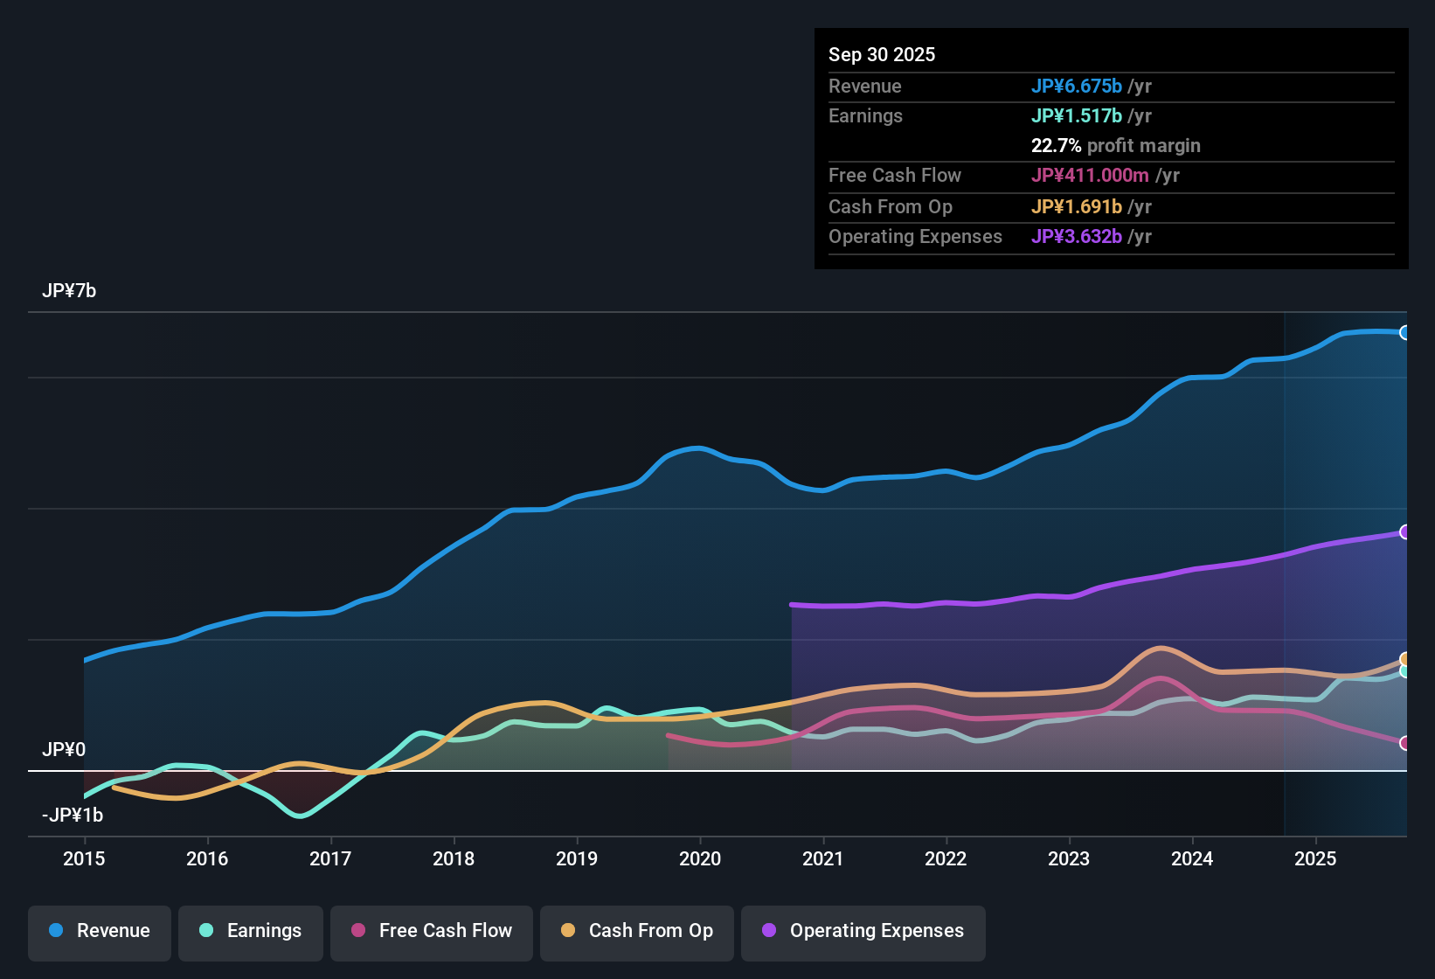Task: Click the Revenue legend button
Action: pyautogui.click(x=100, y=931)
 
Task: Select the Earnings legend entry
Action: pyautogui.click(x=250, y=931)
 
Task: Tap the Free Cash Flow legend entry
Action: pyautogui.click(x=431, y=931)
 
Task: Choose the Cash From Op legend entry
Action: pyautogui.click(x=636, y=931)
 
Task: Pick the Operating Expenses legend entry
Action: pyautogui.click(x=863, y=931)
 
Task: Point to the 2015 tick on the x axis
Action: pyautogui.click(x=84, y=858)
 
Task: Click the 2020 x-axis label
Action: pyautogui.click(x=700, y=858)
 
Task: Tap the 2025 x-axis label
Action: pyautogui.click(x=1315, y=858)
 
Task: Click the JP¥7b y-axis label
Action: pyautogui.click(x=69, y=291)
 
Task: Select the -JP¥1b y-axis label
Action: pyautogui.click(x=73, y=816)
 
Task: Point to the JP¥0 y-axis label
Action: pyautogui.click(x=64, y=750)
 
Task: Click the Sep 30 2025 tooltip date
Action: pyautogui.click(x=881, y=54)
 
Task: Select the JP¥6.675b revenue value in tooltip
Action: pyautogui.click(x=1076, y=86)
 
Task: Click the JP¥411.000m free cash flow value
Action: pyautogui.click(x=1090, y=175)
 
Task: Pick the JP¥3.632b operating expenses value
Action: pyautogui.click(x=1076, y=236)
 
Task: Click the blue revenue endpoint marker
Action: pyautogui.click(x=1404, y=332)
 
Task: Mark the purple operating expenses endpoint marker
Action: pyautogui.click(x=1404, y=531)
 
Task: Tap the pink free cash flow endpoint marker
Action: pyautogui.click(x=1404, y=743)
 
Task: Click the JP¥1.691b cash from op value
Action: pyautogui.click(x=1076, y=206)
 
